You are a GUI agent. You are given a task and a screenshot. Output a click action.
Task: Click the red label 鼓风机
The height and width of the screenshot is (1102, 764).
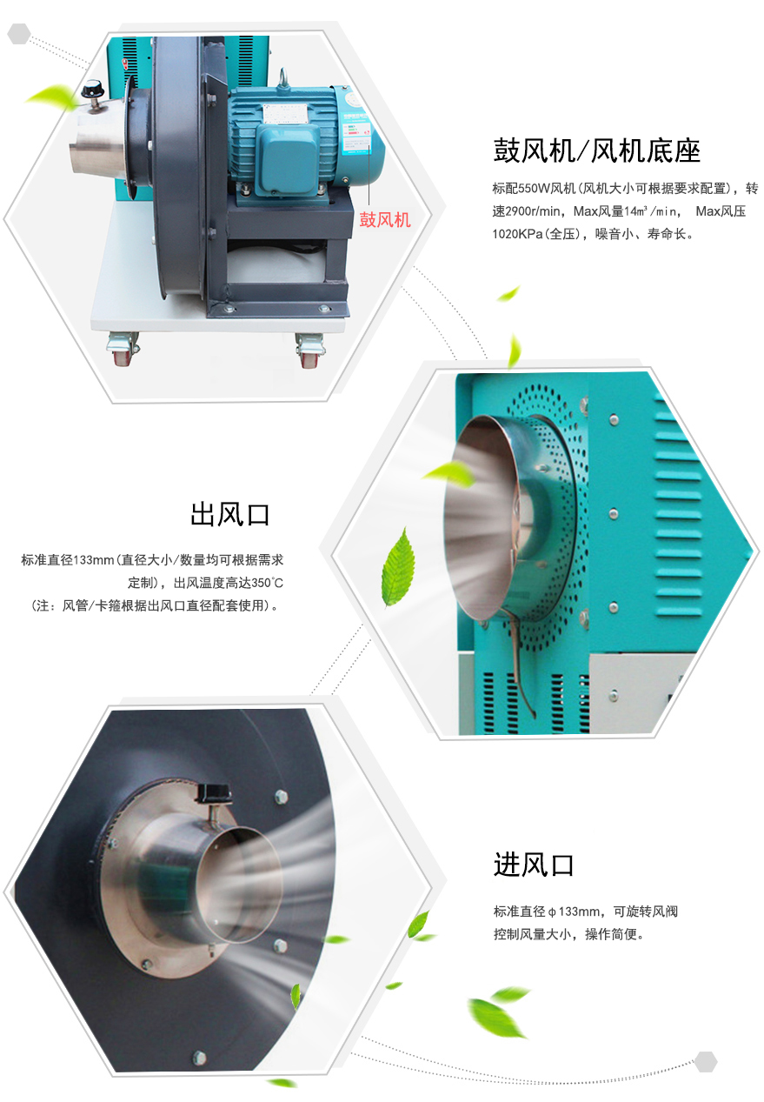point(384,219)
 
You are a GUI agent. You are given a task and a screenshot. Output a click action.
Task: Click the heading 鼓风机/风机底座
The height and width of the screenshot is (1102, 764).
point(596,150)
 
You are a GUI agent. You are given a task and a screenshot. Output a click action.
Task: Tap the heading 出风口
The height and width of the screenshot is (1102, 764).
point(230,515)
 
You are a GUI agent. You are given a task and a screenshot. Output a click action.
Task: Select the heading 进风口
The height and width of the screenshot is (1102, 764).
point(534,865)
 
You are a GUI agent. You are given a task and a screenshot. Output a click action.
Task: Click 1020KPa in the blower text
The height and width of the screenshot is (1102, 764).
point(517,234)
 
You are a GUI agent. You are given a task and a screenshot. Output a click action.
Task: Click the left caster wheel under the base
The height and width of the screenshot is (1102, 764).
point(122,348)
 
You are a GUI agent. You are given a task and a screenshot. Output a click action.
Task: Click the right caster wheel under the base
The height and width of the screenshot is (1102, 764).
point(309,351)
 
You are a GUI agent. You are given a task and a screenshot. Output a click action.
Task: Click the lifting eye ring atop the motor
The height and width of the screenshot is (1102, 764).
point(282,78)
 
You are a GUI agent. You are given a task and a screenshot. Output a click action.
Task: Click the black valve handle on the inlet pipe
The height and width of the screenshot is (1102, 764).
point(213,793)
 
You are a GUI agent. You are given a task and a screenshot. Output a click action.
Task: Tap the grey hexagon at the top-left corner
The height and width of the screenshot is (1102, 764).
point(19,33)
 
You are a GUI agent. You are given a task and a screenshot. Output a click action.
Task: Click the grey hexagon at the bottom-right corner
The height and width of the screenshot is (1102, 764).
point(706,1061)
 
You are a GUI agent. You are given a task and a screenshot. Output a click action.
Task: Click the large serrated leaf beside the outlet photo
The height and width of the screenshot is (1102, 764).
point(399,567)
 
